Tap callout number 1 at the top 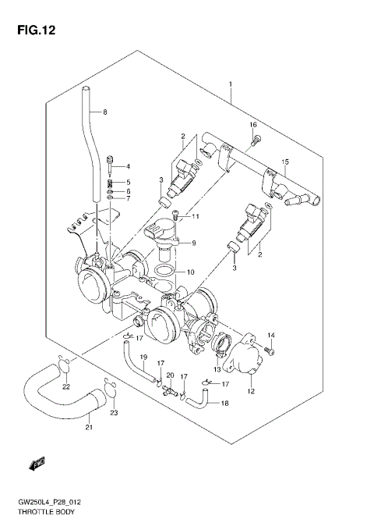click(x=231, y=84)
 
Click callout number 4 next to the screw click(x=129, y=166)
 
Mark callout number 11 click(x=196, y=216)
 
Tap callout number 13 click(x=219, y=368)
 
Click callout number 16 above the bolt click(x=252, y=125)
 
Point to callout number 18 click(x=224, y=404)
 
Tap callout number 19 click(x=143, y=357)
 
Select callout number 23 click(x=114, y=413)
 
